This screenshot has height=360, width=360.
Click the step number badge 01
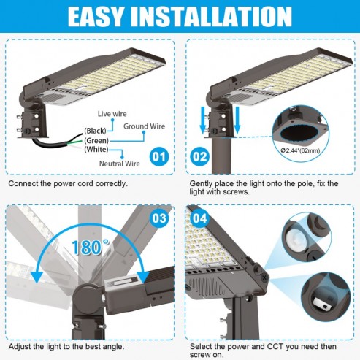(159, 156)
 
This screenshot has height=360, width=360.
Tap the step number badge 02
(200, 156)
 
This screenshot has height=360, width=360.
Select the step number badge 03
(159, 218)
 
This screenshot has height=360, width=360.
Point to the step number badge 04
(200, 218)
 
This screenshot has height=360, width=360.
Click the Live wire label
(112, 114)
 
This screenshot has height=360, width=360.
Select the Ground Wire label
(144, 126)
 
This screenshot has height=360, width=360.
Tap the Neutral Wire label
(120, 164)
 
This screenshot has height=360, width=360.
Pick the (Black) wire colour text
(95, 131)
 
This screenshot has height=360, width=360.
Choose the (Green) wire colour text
(96, 140)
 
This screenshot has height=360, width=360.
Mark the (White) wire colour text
(96, 149)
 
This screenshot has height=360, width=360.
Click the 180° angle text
(90, 247)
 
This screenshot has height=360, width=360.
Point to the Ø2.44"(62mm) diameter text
(300, 150)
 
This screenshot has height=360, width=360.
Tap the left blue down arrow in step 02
(203, 120)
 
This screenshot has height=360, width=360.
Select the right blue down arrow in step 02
(237, 120)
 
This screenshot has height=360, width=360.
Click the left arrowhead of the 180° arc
(37, 277)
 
